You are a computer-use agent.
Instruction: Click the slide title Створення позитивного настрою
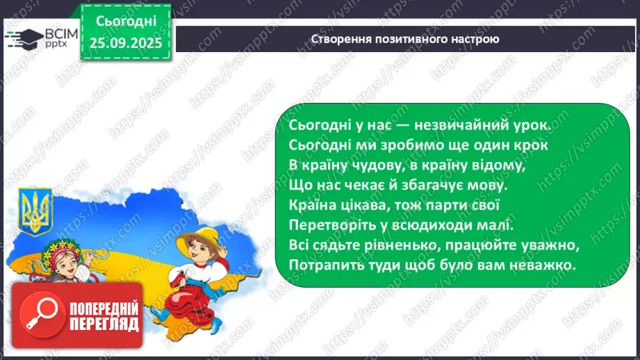click(x=405, y=38)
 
